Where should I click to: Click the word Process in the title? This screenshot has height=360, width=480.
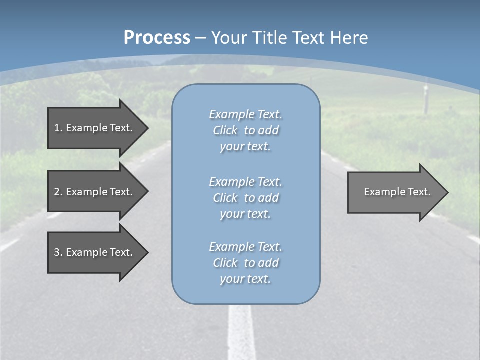click(x=157, y=38)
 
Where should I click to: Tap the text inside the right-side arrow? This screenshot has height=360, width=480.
click(x=397, y=192)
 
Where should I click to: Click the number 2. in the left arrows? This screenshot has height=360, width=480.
click(x=58, y=192)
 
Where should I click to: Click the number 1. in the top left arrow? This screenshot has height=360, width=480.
click(x=58, y=128)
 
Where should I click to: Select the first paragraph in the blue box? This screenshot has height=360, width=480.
click(x=245, y=130)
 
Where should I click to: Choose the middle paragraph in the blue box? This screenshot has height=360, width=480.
click(x=245, y=198)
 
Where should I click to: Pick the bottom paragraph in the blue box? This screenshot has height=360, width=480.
click(x=245, y=263)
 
